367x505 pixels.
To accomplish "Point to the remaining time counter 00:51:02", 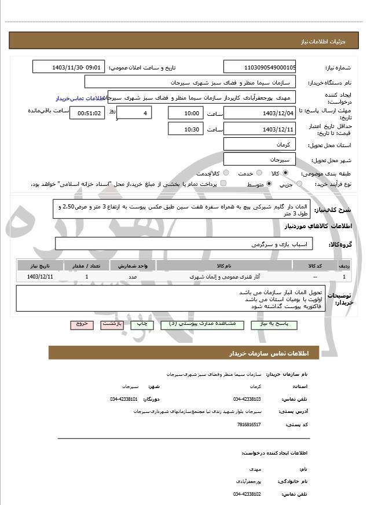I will [x=87, y=113].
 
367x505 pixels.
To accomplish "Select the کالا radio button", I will [x=285, y=173].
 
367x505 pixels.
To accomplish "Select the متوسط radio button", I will [x=269, y=184].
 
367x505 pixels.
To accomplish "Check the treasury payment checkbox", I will [x=223, y=184].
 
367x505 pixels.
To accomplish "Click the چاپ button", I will [x=142, y=324].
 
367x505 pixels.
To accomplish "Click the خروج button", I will [x=82, y=324].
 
